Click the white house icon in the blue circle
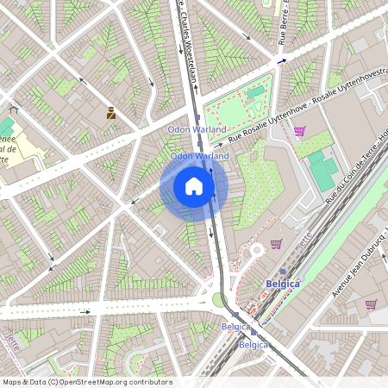(x=194, y=185)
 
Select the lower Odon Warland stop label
(x=200, y=156)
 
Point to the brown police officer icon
(x=111, y=112)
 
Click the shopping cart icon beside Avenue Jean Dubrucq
(x=371, y=304)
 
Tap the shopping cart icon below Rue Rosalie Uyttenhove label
(x=299, y=131)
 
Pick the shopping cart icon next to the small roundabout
(x=276, y=244)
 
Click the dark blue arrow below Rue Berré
(x=280, y=61)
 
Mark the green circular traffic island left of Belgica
(x=218, y=300)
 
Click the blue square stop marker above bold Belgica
(x=282, y=271)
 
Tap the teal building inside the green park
(x=255, y=93)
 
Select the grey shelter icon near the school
(x=13, y=110)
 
